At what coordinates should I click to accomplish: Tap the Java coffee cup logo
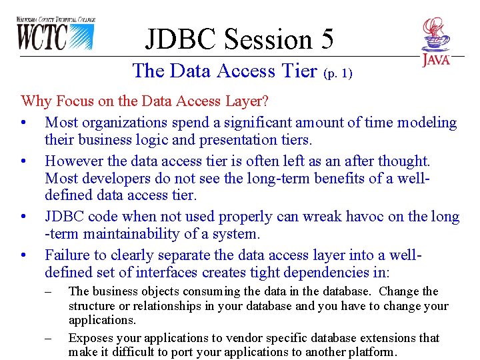[435, 41]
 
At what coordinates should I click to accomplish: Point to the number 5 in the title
[327, 39]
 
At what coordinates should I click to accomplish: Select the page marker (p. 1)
[337, 74]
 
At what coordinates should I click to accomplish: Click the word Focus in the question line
[76, 101]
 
